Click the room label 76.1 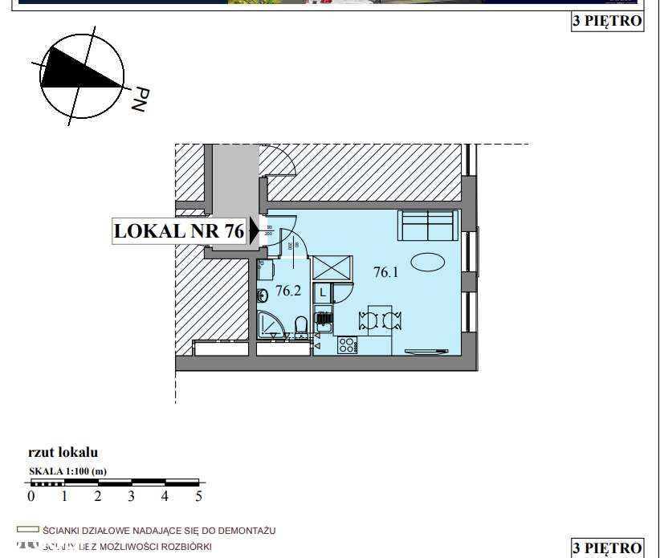pyautogui.click(x=386, y=272)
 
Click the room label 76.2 pyautogui.click(x=287, y=291)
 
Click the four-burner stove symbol pyautogui.click(x=348, y=346)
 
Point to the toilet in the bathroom pyautogui.click(x=300, y=326)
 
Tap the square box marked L pyautogui.click(x=322, y=293)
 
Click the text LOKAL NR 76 pyautogui.click(x=179, y=231)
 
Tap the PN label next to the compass pyautogui.click(x=140, y=99)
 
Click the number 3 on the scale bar pyautogui.click(x=131, y=496)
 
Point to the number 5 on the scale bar pyautogui.click(x=198, y=496)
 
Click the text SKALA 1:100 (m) pyautogui.click(x=67, y=470)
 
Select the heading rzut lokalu pyautogui.click(x=63, y=453)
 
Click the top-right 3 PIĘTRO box pyautogui.click(x=607, y=21)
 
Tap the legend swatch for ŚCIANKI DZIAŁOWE pyautogui.click(x=29, y=531)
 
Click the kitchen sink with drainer pyautogui.click(x=324, y=320)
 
